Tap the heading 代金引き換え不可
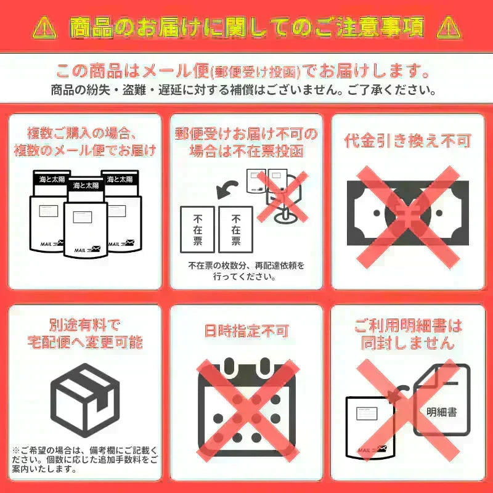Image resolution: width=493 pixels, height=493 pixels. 407,141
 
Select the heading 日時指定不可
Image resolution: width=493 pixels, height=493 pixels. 246,331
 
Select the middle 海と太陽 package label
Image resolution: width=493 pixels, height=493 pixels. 86,185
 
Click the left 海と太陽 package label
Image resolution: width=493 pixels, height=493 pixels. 51,179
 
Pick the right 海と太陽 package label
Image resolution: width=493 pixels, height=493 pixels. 119,179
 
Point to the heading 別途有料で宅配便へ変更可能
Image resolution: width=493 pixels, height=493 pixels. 85,333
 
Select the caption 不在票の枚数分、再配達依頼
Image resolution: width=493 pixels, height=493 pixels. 246,270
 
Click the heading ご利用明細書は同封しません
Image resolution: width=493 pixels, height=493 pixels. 407,333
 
